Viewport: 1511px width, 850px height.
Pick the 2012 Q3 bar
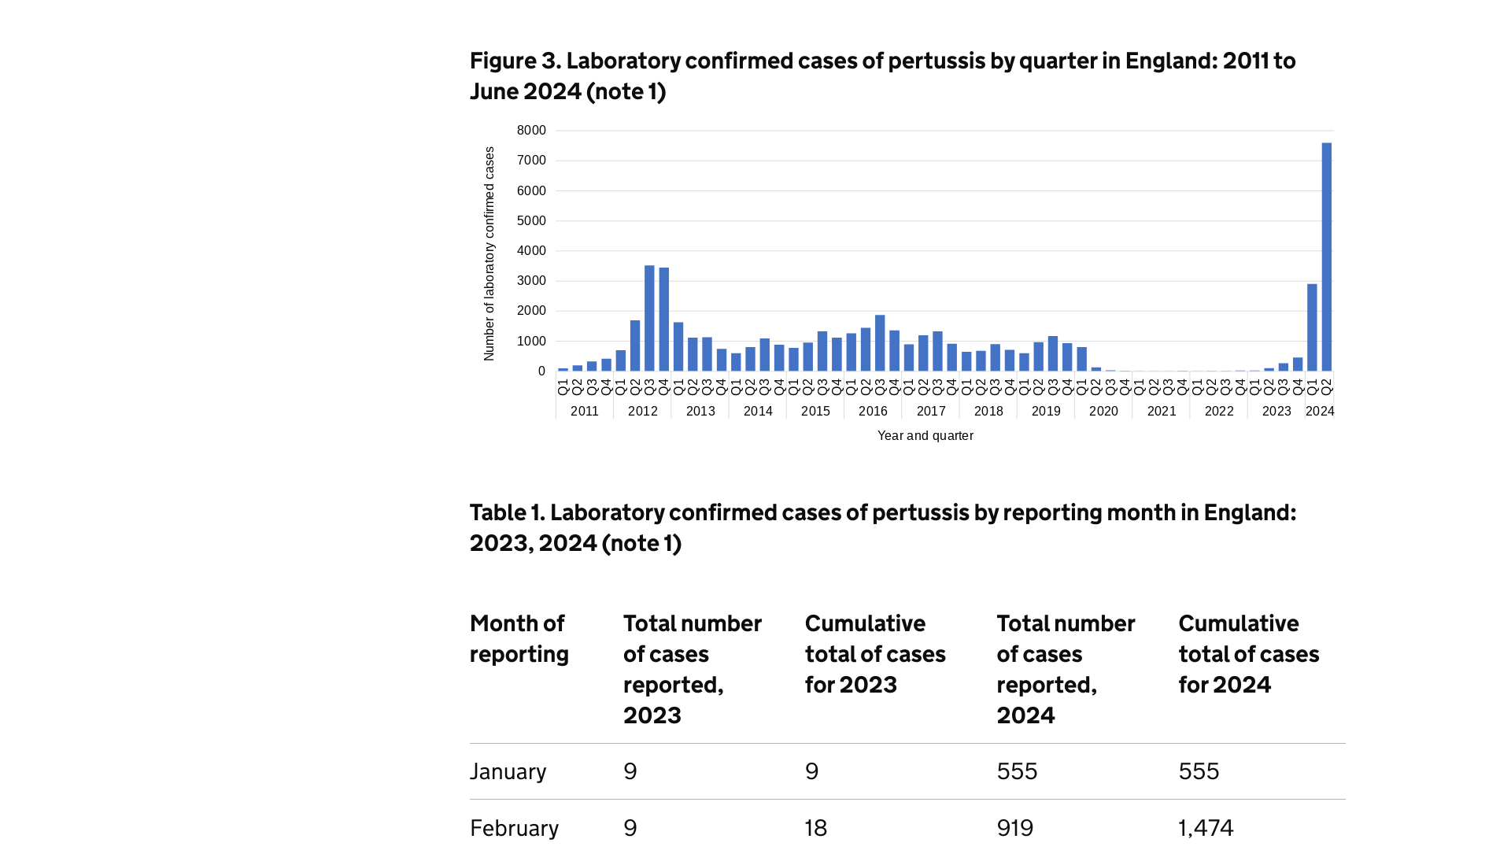[649, 318]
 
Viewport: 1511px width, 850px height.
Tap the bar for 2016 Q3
[880, 343]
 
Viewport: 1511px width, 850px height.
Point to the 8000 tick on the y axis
[531, 131]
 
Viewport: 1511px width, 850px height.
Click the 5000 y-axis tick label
[531, 221]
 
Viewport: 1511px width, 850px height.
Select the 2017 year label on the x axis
[931, 412]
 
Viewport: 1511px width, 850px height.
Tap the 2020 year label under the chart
[1103, 412]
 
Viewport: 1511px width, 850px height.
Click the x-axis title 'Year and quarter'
[925, 436]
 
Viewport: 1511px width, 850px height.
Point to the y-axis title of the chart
[490, 253]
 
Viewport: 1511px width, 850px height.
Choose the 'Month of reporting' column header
[519, 638]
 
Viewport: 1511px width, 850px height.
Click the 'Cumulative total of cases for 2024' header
[1248, 654]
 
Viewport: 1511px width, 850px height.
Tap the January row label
[508, 771]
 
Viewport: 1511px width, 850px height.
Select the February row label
[514, 828]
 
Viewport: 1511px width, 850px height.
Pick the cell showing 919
[1015, 828]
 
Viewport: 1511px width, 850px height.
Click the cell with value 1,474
[1206, 828]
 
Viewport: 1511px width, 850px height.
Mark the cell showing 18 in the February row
[816, 828]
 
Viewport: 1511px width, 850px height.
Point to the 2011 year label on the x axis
[585, 412]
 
